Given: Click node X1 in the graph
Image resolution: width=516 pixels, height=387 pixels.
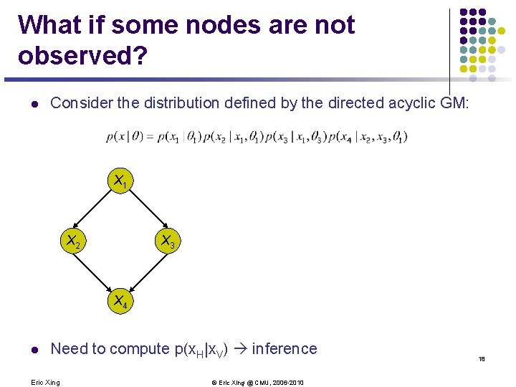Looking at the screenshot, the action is tap(118, 183).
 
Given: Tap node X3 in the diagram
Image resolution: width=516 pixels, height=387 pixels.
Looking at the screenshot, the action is tap(168, 242).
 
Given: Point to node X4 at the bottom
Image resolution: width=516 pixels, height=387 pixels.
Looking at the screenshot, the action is tap(118, 302).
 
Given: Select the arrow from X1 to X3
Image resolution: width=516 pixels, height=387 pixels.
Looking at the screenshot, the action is tap(145, 212).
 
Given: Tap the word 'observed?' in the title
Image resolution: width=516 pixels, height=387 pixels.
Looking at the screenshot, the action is tap(83, 56).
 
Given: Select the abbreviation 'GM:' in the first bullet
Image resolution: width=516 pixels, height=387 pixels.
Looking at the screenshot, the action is tap(454, 103).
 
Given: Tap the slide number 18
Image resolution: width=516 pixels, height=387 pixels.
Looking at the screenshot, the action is tap(482, 359).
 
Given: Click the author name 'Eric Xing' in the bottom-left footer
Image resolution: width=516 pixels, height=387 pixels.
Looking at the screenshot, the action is tap(46, 382).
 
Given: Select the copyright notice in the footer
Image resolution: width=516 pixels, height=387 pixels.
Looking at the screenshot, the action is tap(257, 382).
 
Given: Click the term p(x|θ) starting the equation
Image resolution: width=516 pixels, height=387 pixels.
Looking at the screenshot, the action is tap(122, 136).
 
